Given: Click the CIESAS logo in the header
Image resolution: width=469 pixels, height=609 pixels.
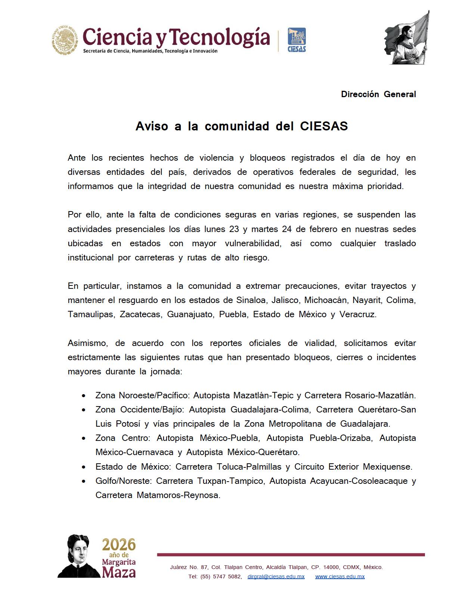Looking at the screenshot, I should point(296,40).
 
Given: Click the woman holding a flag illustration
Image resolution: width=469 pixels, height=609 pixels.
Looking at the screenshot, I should point(407,38).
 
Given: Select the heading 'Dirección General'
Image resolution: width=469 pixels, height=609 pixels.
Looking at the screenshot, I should point(378,94).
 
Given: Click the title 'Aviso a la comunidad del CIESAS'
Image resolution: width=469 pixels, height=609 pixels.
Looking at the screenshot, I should point(242,126).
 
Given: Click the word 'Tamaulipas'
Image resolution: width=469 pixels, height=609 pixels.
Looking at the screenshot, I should point(90,314).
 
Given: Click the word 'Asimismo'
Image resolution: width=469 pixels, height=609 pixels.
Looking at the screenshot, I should point(87,343).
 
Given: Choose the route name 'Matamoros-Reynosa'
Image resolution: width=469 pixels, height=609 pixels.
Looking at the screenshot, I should point(178,495).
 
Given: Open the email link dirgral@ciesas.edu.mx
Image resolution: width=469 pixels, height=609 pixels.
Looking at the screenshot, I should point(276,576).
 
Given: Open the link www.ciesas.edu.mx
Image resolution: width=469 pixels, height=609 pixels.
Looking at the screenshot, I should point(340,576).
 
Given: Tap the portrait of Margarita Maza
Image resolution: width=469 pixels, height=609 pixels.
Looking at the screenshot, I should point(78,556).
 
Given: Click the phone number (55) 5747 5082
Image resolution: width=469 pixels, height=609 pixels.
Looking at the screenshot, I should point(221,576).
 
